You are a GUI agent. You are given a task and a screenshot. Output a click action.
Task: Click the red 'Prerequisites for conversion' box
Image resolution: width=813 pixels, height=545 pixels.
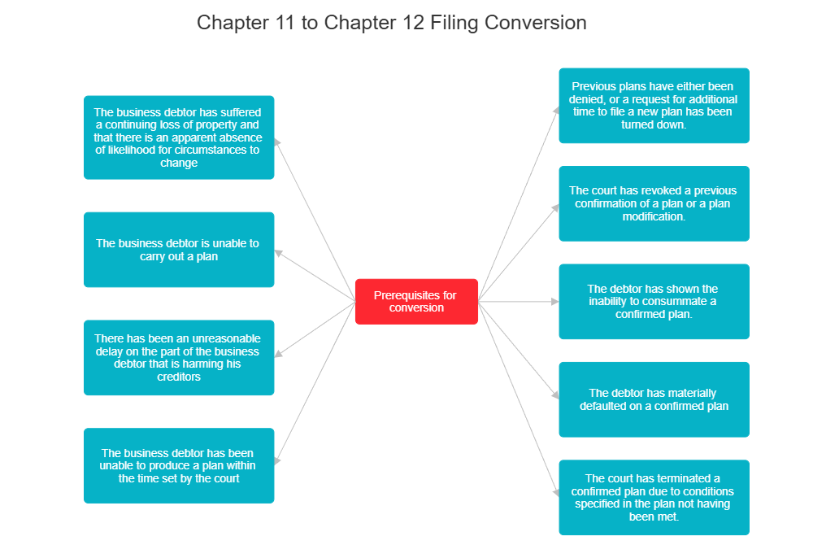pyautogui.click(x=416, y=301)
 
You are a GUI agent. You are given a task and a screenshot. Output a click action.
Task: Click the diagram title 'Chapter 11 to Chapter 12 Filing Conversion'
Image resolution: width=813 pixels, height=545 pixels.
pyautogui.click(x=391, y=22)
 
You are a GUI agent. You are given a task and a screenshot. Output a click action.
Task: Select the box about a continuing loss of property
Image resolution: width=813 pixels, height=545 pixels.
pyautogui.click(x=179, y=137)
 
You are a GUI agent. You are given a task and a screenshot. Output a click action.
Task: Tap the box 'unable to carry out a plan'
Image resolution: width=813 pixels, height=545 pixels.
pyautogui.click(x=179, y=250)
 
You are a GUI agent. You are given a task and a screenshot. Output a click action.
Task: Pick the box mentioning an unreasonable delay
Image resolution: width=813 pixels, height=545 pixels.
pyautogui.click(x=179, y=358)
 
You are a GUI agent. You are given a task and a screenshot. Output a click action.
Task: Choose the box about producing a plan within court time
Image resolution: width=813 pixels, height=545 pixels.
pyautogui.click(x=179, y=465)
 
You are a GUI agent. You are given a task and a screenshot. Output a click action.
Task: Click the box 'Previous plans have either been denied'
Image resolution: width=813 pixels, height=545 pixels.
pyautogui.click(x=654, y=106)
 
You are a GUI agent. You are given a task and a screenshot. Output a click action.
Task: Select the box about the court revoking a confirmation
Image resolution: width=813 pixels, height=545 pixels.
pyautogui.click(x=654, y=204)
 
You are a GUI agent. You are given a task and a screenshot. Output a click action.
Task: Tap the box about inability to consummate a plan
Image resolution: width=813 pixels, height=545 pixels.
pyautogui.click(x=654, y=301)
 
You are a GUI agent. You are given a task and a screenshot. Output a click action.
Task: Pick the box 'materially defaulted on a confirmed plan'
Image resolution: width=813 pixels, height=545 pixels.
pyautogui.click(x=654, y=399)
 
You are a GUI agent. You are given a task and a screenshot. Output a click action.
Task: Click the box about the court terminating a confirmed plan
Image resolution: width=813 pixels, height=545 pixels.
pyautogui.click(x=654, y=498)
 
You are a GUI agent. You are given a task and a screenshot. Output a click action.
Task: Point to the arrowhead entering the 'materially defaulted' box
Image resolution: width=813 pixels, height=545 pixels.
pyautogui.click(x=555, y=396)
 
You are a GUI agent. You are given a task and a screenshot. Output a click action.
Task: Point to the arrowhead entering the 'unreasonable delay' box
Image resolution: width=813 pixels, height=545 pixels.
pyautogui.click(x=278, y=354)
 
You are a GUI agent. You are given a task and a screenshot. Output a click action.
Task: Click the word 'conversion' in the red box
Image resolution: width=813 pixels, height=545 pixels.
pyautogui.click(x=416, y=307)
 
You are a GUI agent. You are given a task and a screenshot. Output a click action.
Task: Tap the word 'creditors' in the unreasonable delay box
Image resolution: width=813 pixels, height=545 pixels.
pyautogui.click(x=179, y=377)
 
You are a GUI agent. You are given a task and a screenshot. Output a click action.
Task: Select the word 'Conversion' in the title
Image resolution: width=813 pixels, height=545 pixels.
pyautogui.click(x=536, y=22)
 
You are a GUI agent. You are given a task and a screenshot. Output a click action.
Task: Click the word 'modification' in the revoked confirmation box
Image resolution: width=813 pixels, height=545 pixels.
pyautogui.click(x=654, y=217)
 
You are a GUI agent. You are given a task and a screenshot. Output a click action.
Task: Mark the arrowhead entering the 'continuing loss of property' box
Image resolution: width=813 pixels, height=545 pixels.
pyautogui.click(x=277, y=141)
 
